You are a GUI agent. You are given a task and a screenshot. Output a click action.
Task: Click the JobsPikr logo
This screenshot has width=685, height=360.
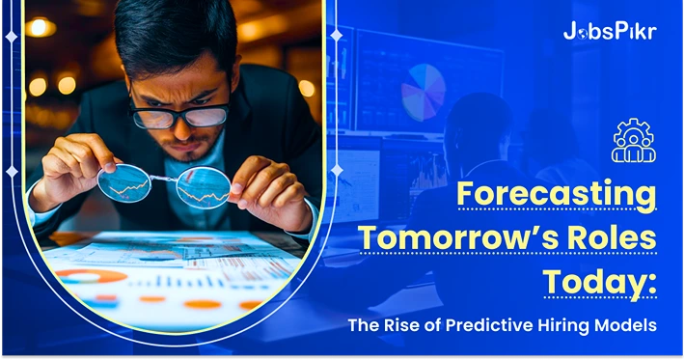coord(609,31)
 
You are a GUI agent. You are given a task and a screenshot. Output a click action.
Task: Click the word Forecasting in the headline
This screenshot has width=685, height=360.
coord(556,194)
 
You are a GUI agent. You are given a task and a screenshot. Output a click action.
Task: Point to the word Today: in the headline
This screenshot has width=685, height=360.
coord(598,282)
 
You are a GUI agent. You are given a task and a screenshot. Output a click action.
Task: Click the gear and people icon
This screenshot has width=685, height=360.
coord(634,141)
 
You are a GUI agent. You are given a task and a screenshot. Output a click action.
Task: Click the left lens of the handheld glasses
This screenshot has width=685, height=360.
coord(123,183)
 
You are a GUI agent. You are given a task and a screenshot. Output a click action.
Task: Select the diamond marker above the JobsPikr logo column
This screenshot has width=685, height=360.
coord(336,35)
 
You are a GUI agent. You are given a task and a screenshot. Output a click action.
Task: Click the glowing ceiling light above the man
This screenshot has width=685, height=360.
coord(40,28)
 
